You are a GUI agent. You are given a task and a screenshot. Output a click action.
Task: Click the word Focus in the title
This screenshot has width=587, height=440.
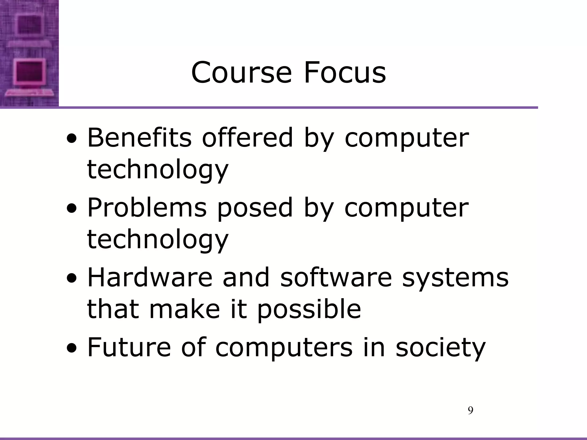[345, 73]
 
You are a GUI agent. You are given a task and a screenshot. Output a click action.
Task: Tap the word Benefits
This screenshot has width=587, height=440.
[139, 138]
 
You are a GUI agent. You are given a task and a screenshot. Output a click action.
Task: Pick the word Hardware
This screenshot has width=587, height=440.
[150, 277]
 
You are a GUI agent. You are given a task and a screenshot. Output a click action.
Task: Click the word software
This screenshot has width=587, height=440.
[336, 277]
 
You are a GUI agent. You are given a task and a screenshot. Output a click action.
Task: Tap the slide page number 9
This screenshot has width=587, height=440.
[470, 411]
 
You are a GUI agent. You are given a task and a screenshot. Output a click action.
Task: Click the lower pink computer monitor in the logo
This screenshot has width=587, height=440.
[30, 72]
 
